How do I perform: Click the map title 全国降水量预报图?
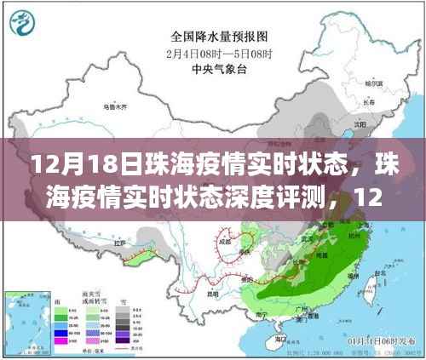[214, 37]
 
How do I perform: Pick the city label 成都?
[224, 241]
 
